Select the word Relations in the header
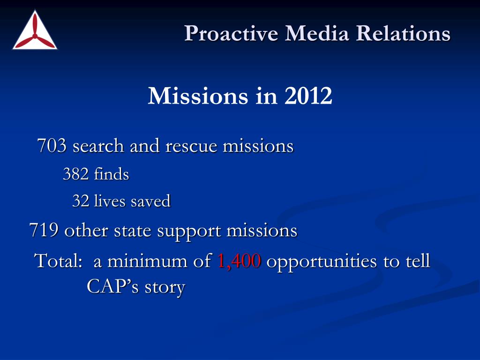point(403,33)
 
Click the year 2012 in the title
point(307,96)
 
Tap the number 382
point(75,174)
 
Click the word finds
point(111,174)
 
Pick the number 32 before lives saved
point(80,202)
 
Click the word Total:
point(60,261)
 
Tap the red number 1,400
point(239,261)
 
